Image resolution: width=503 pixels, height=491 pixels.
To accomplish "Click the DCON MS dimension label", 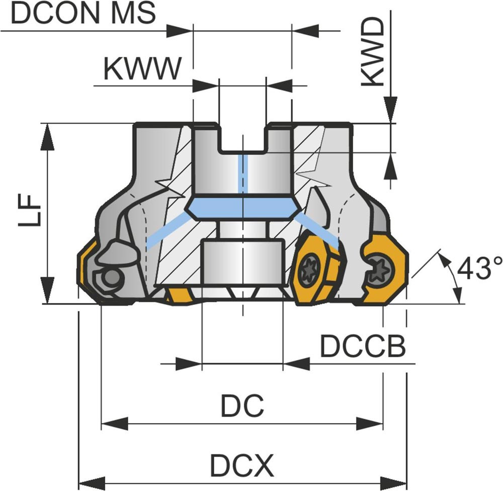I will [x=83, y=14].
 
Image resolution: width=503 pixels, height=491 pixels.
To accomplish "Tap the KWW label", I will [x=141, y=69].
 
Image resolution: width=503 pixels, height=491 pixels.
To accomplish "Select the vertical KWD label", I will [x=373, y=53].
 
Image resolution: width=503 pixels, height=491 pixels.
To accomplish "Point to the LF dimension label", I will [x=29, y=211].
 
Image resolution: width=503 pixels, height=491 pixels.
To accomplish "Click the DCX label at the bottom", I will [x=242, y=466].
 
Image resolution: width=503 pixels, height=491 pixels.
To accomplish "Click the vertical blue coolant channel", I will [x=242, y=173].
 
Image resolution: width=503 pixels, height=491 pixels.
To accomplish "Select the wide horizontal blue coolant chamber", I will [x=242, y=207].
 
